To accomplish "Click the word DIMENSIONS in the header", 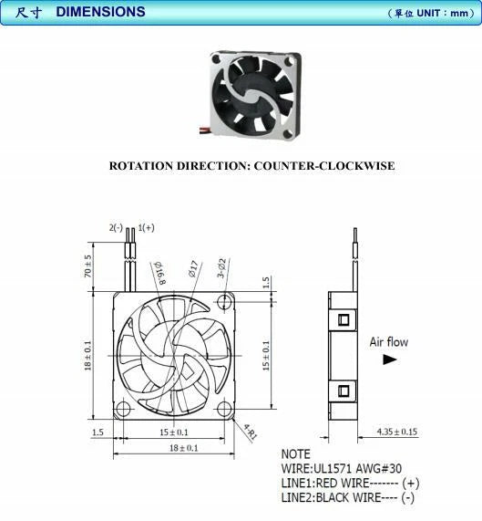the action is click(100, 12).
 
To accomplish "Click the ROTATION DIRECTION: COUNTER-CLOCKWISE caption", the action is click(252, 165).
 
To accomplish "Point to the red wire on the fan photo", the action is click(204, 129).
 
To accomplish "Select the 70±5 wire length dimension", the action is click(87, 266).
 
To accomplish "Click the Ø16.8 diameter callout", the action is click(159, 273).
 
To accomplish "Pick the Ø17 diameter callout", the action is click(193, 268).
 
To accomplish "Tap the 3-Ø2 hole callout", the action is click(221, 268).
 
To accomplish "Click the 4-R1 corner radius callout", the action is click(251, 432).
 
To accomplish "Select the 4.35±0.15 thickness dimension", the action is click(397, 432).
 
